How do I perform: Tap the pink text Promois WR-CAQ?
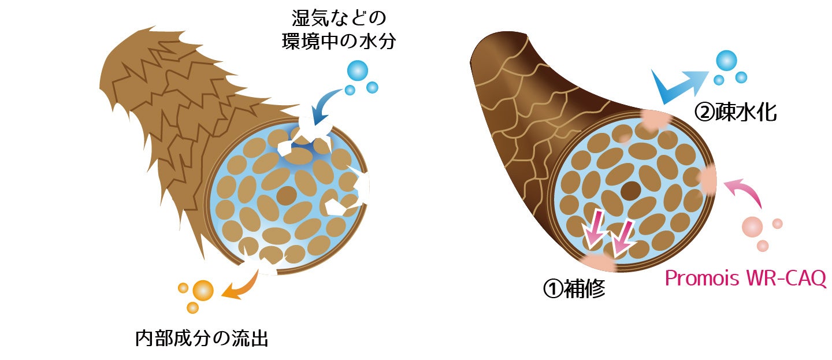point(745,279)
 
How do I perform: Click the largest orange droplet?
point(203,290)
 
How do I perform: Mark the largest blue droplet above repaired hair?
point(726,60)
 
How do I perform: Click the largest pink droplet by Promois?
point(752,226)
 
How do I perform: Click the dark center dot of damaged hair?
point(286,196)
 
